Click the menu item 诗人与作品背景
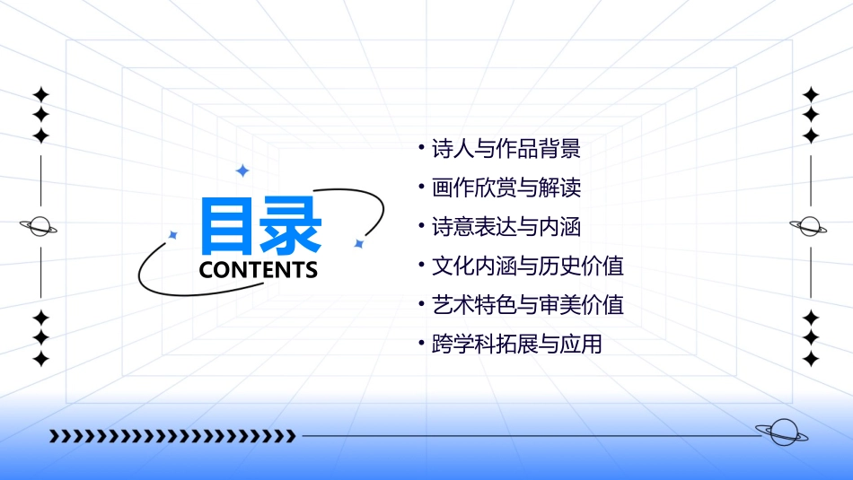[x=506, y=149]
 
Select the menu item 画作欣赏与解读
[x=506, y=188]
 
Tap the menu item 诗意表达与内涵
[x=506, y=227]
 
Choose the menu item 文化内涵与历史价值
[x=528, y=266]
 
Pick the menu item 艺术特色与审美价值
[x=528, y=305]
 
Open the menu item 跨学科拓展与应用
[x=517, y=344]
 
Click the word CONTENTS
[x=259, y=269]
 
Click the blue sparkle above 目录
[x=242, y=170]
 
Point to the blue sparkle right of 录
[x=358, y=243]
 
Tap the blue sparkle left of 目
[x=173, y=235]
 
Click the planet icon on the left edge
[x=40, y=226]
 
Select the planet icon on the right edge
[x=811, y=226]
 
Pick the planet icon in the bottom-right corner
[x=781, y=433]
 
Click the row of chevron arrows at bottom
[x=172, y=437]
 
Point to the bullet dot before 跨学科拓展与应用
[x=421, y=342]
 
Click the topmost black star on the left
[x=40, y=94]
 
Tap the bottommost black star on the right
[x=811, y=359]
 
